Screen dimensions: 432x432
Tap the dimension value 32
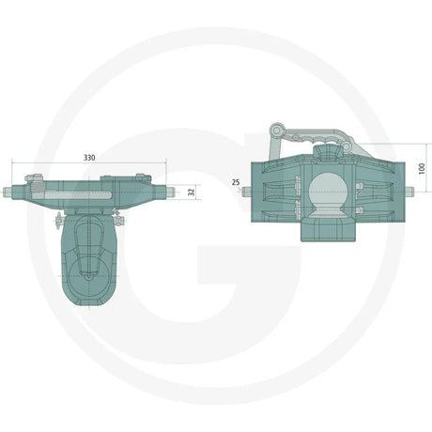193,191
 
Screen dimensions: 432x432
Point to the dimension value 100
422,166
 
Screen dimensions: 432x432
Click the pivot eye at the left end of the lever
275,128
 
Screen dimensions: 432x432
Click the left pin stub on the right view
247,193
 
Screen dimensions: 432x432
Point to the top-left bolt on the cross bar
35,178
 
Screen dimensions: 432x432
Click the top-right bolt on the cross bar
143,177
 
